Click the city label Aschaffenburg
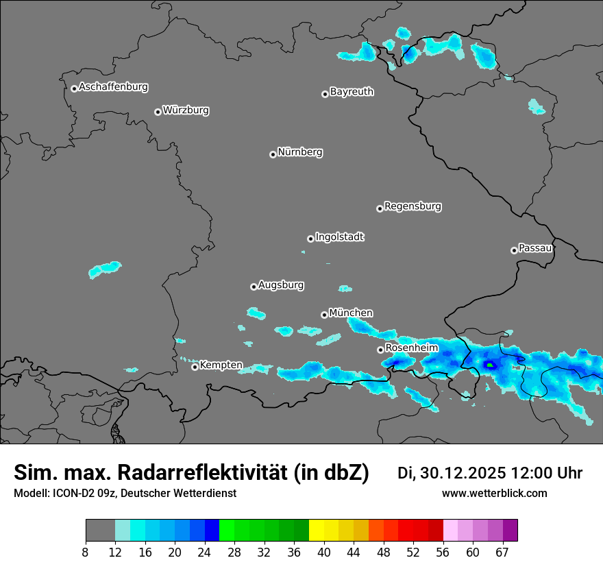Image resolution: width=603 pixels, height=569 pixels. click(113, 87)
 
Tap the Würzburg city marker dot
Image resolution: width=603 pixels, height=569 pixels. click(158, 112)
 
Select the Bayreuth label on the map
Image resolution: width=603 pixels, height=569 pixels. click(352, 91)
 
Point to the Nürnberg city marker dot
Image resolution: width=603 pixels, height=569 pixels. click(273, 154)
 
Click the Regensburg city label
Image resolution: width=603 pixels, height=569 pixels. click(413, 206)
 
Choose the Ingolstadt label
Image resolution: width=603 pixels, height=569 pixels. click(339, 237)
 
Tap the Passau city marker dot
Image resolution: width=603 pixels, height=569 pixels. click(514, 250)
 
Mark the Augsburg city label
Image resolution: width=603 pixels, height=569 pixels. click(281, 284)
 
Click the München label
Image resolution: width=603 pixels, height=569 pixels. click(351, 313)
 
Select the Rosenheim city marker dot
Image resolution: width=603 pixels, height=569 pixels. click(380, 350)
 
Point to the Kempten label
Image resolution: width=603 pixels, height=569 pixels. click(221, 365)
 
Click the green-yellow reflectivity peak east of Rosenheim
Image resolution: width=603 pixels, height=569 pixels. click(490, 365)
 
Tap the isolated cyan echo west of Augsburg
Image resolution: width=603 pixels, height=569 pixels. click(105, 269)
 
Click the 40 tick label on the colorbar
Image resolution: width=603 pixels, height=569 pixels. click(323, 552)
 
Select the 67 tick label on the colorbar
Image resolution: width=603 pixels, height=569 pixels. click(502, 552)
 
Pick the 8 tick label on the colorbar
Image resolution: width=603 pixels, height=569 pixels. click(86, 552)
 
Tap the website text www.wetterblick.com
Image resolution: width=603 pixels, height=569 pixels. click(494, 494)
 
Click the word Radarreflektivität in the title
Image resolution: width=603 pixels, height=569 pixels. click(202, 472)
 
